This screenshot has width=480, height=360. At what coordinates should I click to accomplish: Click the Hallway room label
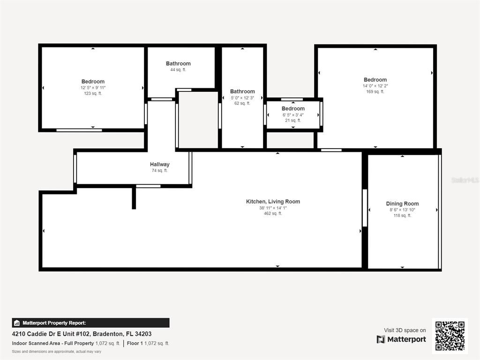click(159, 165)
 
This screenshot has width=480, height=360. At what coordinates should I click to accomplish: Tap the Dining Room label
click(402, 204)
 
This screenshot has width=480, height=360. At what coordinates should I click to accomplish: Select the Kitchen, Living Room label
click(273, 202)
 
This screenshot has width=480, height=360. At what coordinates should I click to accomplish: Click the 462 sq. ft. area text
click(273, 214)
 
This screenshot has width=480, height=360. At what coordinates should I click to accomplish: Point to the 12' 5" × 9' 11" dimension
click(93, 88)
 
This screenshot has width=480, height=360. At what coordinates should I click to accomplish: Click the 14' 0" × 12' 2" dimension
click(375, 86)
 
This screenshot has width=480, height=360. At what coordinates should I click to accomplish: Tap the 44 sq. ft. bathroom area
click(178, 70)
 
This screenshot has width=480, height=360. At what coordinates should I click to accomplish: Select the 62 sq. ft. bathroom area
click(242, 103)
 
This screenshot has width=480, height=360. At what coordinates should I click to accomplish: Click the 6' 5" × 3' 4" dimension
click(293, 115)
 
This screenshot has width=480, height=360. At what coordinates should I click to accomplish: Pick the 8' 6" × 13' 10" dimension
click(402, 210)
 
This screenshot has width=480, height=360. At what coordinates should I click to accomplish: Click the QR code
click(450, 336)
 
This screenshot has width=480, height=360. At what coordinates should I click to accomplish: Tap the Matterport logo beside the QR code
click(401, 339)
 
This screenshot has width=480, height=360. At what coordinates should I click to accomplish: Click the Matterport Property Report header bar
click(90, 323)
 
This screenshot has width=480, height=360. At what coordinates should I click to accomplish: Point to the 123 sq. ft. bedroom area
click(93, 93)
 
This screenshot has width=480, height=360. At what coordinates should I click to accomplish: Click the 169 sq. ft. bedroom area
click(375, 91)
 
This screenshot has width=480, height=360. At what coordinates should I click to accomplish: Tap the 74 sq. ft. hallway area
click(159, 171)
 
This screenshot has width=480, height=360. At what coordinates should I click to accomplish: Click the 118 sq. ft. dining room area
click(402, 216)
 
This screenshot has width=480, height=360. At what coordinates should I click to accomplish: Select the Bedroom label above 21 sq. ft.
click(293, 109)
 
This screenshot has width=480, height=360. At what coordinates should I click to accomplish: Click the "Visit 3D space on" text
click(405, 330)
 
